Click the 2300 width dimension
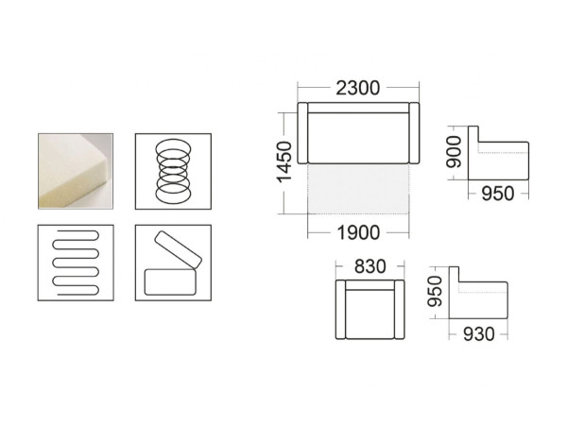[x=358, y=88]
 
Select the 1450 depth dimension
[x=283, y=161]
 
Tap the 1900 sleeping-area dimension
[x=358, y=232]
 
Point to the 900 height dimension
[x=454, y=152]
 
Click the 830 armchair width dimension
[x=369, y=266]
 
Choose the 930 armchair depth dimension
[x=479, y=334]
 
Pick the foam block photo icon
[x=76, y=171]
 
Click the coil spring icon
[x=173, y=171]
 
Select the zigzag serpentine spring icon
[x=76, y=263]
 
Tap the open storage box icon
[x=173, y=263]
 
